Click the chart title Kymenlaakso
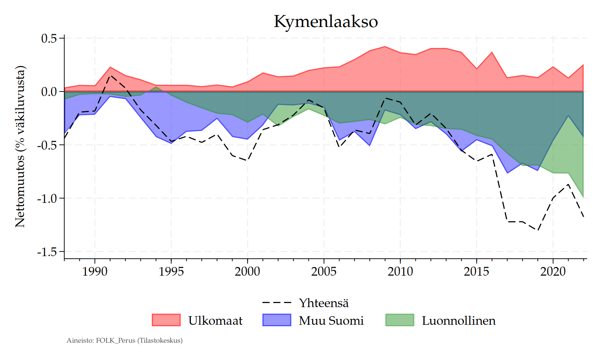click(325, 21)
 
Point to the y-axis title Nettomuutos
click(20, 147)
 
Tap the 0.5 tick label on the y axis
click(49, 39)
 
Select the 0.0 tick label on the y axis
click(49, 92)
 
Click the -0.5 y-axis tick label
click(46, 145)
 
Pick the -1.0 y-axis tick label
click(46, 198)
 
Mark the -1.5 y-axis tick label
click(46, 252)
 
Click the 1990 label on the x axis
click(94, 271)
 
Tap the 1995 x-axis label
click(171, 271)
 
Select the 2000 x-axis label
click(247, 271)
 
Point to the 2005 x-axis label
click(324, 271)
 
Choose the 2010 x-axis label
click(400, 271)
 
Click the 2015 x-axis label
click(476, 271)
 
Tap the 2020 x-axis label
click(553, 271)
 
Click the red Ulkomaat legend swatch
click(166, 320)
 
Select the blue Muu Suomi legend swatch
click(277, 320)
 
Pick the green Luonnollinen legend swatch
click(400, 320)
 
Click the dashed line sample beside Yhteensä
click(277, 302)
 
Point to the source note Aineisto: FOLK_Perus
click(124, 340)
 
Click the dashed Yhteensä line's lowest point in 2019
click(538, 230)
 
